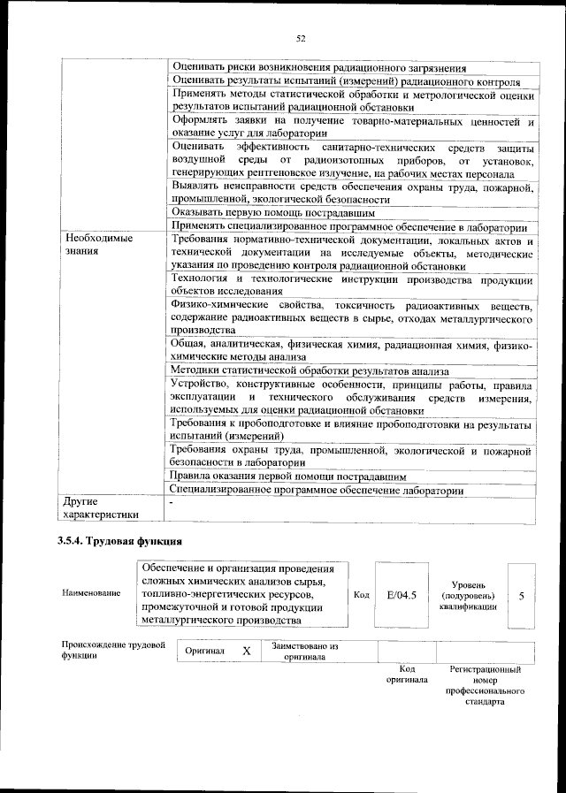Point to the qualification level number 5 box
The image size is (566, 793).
pyautogui.click(x=521, y=595)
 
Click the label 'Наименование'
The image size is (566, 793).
pyautogui.click(x=91, y=592)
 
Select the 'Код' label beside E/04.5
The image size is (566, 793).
pyautogui.click(x=361, y=595)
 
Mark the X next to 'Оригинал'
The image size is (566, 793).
pyautogui.click(x=247, y=651)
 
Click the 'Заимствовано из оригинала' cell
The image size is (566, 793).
pyautogui.click(x=305, y=651)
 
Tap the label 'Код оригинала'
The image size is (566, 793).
pyautogui.click(x=406, y=675)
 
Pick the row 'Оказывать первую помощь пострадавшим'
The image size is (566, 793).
pyautogui.click(x=274, y=213)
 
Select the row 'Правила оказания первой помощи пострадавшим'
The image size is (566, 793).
pyautogui.click(x=287, y=476)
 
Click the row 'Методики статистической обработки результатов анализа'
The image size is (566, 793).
pyautogui.click(x=310, y=371)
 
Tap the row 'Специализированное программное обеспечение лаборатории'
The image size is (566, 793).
pyautogui.click(x=317, y=490)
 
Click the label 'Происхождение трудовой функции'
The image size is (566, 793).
pyautogui.click(x=113, y=651)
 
